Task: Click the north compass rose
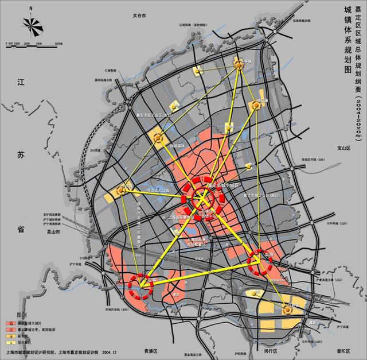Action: pyautogui.click(x=32, y=24)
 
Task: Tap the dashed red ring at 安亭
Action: pyautogui.click(x=139, y=285)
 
